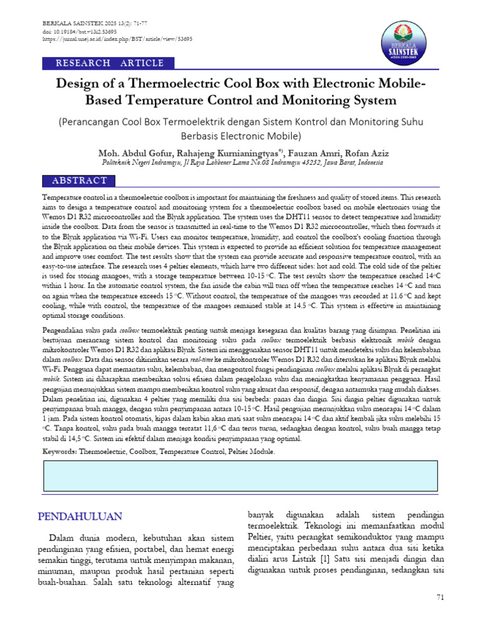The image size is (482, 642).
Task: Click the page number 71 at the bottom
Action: click(440, 597)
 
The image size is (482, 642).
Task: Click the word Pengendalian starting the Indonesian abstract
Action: click(63, 330)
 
